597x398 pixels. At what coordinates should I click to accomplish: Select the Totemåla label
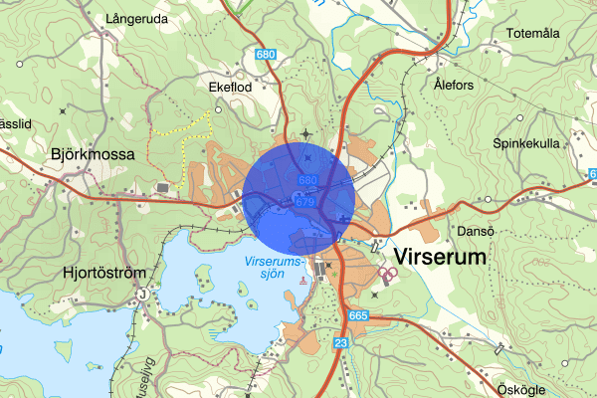[x=533, y=33]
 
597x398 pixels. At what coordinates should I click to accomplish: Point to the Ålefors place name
[x=454, y=86]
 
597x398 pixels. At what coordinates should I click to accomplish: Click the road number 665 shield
[x=358, y=315]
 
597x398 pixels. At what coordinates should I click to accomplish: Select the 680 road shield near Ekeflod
[x=265, y=55]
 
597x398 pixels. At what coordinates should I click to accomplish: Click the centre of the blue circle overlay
[x=299, y=195]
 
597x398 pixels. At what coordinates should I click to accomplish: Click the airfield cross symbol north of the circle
[x=305, y=131]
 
